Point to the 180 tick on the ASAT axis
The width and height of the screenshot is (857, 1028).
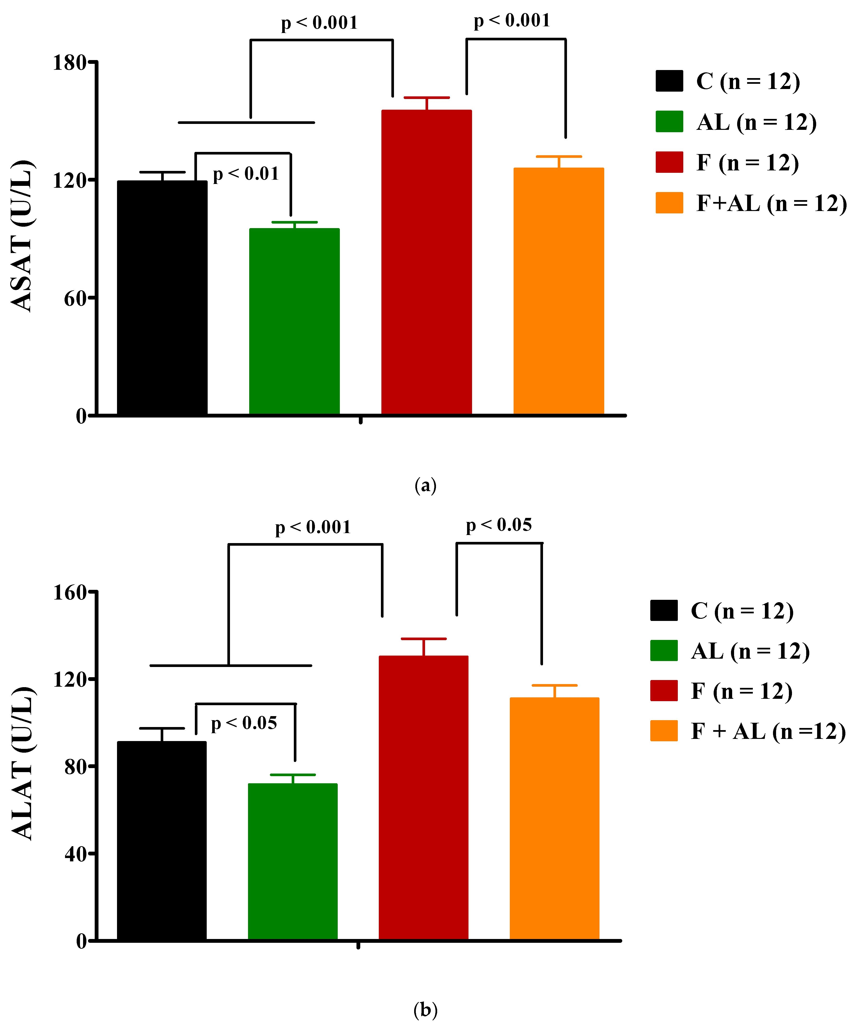click(x=70, y=63)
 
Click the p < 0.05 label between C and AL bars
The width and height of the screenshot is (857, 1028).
click(x=244, y=723)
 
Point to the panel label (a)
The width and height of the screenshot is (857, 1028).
click(x=425, y=486)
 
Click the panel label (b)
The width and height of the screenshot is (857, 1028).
click(x=425, y=1010)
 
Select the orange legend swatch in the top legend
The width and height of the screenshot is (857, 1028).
click(x=669, y=203)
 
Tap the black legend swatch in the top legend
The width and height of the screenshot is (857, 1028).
click(x=669, y=81)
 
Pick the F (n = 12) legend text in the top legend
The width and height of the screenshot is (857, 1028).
click(x=747, y=163)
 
